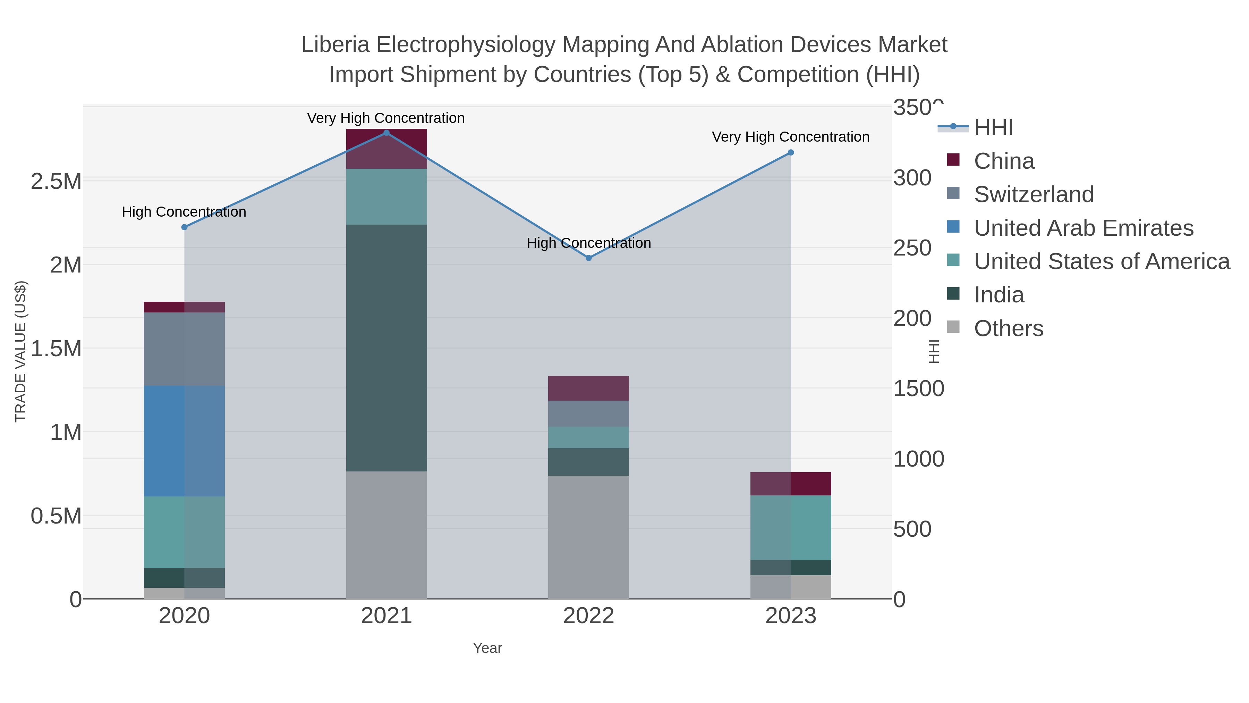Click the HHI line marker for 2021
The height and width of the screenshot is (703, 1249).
386,133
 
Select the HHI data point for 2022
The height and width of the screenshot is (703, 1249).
589,258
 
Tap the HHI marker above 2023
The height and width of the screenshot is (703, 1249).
791,152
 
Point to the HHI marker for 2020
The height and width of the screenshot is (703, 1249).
184,227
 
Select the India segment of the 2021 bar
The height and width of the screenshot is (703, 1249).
386,348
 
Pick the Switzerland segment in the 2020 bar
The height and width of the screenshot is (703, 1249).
184,349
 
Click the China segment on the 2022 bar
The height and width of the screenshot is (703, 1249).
589,388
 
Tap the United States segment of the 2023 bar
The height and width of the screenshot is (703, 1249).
791,527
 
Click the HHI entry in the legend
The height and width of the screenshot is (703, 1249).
993,128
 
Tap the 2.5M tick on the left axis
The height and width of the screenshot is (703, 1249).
56,182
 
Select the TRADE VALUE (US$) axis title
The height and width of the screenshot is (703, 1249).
21,351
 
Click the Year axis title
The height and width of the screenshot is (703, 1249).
487,648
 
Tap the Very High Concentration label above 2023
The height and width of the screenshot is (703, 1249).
790,137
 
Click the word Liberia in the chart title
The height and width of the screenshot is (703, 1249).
335,45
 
